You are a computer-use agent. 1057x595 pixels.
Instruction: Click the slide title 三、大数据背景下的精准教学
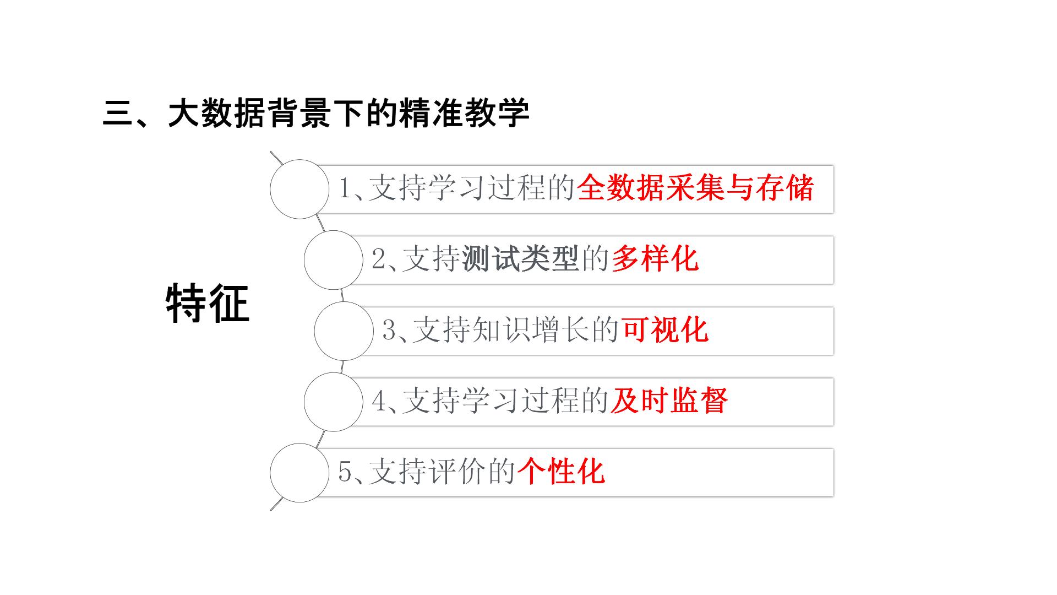(316, 113)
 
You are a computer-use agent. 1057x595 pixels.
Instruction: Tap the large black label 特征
(208, 304)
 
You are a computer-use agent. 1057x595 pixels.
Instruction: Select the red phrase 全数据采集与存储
(695, 188)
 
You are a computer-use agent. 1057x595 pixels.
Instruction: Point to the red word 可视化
(665, 330)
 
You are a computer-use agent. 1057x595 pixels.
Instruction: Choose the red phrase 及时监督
(669, 401)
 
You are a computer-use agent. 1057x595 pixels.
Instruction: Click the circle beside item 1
(299, 189)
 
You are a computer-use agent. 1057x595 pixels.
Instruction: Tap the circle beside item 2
(333, 260)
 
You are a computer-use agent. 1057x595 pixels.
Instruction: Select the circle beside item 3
(344, 331)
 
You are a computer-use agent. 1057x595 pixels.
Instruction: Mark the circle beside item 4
(333, 402)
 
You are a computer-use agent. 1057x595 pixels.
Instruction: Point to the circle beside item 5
(299, 473)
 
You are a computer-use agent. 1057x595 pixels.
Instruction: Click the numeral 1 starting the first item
(345, 188)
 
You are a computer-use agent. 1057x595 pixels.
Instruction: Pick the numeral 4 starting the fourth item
(379, 401)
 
